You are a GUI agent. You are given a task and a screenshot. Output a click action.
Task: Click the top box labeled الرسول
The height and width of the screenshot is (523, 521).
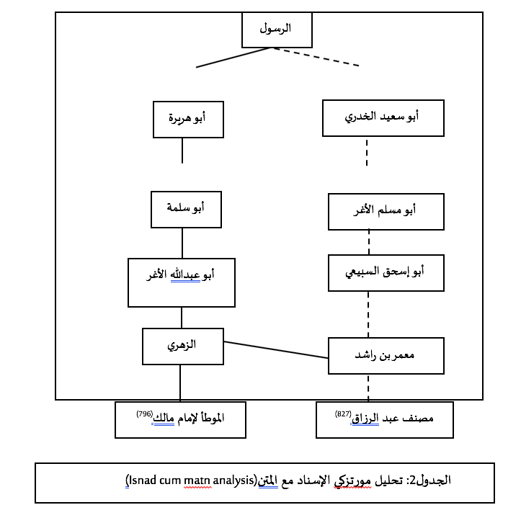point(276,30)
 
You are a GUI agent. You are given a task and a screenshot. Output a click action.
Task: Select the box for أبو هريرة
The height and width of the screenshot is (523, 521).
point(188,119)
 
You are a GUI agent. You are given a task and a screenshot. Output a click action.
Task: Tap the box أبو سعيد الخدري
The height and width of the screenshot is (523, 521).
point(383,117)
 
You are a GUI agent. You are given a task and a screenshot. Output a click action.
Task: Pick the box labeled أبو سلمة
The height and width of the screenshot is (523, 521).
point(186,210)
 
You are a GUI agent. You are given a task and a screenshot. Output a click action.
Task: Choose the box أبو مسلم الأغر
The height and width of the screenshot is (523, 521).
point(386,212)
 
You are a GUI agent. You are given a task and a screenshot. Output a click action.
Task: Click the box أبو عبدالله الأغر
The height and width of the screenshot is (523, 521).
point(182,282)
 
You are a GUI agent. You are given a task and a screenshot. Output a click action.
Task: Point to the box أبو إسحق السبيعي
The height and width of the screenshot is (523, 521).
point(386,272)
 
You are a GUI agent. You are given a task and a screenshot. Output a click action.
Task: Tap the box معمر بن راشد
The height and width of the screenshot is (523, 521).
point(386,356)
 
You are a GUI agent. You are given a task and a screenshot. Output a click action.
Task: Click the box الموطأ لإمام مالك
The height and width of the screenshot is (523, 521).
point(180,419)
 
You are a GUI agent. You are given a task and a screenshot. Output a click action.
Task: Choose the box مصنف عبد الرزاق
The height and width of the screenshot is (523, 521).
point(384,420)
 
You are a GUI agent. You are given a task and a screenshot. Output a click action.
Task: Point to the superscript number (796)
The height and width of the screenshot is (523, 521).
point(145,414)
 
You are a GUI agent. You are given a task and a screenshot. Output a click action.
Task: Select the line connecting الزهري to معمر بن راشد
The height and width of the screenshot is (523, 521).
point(276,349)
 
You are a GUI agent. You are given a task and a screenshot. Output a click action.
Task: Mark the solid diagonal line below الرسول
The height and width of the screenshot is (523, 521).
point(233,58)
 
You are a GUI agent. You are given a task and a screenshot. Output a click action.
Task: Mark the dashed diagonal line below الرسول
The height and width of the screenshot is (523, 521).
point(316,57)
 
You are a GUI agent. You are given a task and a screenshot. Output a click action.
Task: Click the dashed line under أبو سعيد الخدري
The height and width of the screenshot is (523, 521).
point(367,153)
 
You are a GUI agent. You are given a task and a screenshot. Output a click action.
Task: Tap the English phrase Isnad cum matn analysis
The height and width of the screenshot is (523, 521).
point(191,480)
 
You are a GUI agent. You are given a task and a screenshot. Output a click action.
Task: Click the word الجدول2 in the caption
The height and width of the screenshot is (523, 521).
point(432,480)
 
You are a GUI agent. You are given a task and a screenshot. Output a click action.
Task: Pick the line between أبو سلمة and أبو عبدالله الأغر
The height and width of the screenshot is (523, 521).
point(182,243)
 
